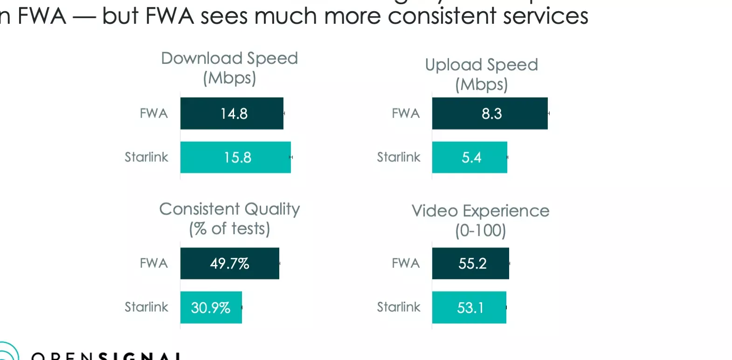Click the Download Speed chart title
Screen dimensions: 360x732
pos(229,68)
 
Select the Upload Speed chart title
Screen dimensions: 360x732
pos(481,74)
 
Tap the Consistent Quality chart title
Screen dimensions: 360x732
pos(229,218)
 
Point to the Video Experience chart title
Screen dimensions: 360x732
pos(480,220)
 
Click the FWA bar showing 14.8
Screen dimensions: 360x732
pos(232,113)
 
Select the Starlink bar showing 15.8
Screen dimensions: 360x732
pos(235,157)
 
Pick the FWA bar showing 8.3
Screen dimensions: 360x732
pos(490,113)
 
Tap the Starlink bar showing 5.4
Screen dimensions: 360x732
pos(470,157)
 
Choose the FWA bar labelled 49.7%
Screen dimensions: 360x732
pos(229,263)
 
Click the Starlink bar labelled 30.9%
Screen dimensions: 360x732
pos(211,307)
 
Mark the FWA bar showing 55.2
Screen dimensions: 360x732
pos(470,263)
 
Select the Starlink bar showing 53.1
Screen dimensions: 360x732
pos(469,307)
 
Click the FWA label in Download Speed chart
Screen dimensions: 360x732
pos(153,113)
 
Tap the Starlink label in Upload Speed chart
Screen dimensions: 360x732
pos(399,157)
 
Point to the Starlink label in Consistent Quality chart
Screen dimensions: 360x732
pos(146,307)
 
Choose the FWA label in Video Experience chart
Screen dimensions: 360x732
pos(406,263)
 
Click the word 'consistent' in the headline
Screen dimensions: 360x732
pos(442,16)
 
